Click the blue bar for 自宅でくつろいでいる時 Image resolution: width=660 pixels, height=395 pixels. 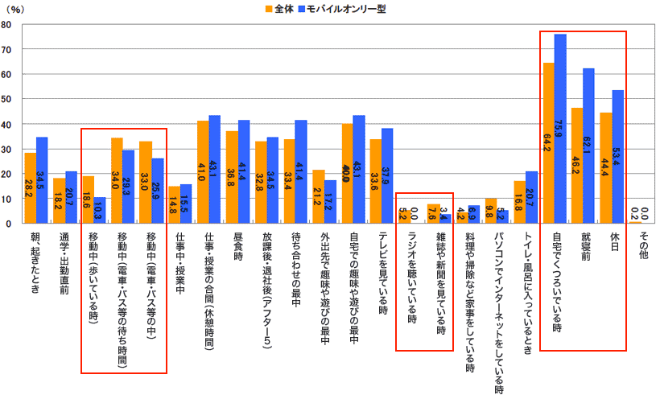(560, 129)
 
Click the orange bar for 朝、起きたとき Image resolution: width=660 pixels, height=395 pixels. (30, 187)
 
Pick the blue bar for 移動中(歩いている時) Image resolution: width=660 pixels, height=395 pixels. (100, 210)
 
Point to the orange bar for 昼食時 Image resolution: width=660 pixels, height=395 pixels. (232, 177)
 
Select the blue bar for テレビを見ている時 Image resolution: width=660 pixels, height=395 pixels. (387, 175)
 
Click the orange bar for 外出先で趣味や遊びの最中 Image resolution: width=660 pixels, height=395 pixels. (318, 196)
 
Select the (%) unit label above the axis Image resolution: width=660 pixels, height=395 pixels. (17, 9)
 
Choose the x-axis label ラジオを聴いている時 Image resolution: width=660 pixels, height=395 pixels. (411, 278)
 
